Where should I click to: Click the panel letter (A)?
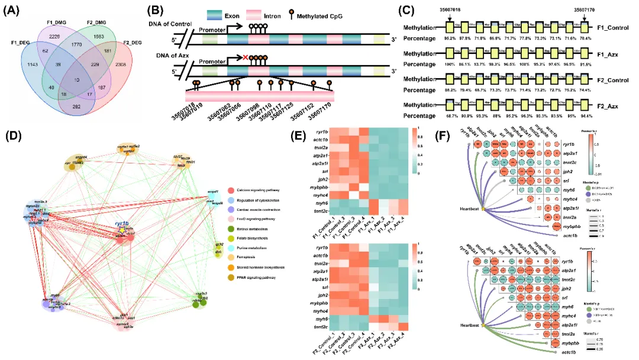(x=14, y=9)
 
